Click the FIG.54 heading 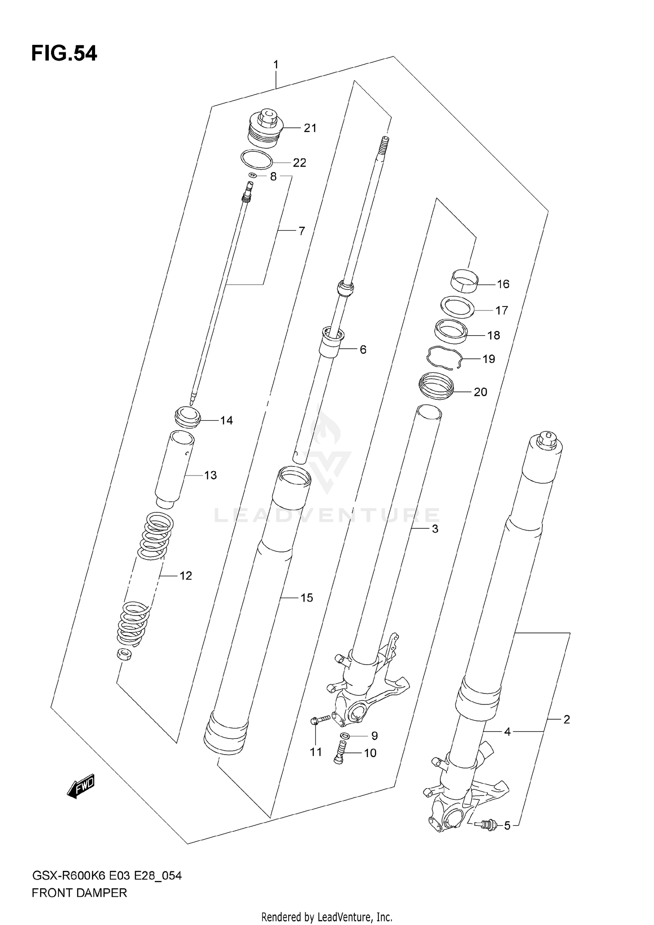pyautogui.click(x=64, y=54)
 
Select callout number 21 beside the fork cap pyautogui.click(x=310, y=128)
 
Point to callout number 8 pyautogui.click(x=273, y=177)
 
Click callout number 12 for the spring pyautogui.click(x=186, y=576)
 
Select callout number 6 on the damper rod pyautogui.click(x=363, y=349)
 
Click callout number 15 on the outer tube pyautogui.click(x=307, y=598)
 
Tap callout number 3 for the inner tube pyautogui.click(x=435, y=529)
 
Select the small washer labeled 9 pyautogui.click(x=345, y=736)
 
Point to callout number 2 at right pyautogui.click(x=566, y=719)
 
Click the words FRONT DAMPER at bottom pyautogui.click(x=79, y=893)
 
